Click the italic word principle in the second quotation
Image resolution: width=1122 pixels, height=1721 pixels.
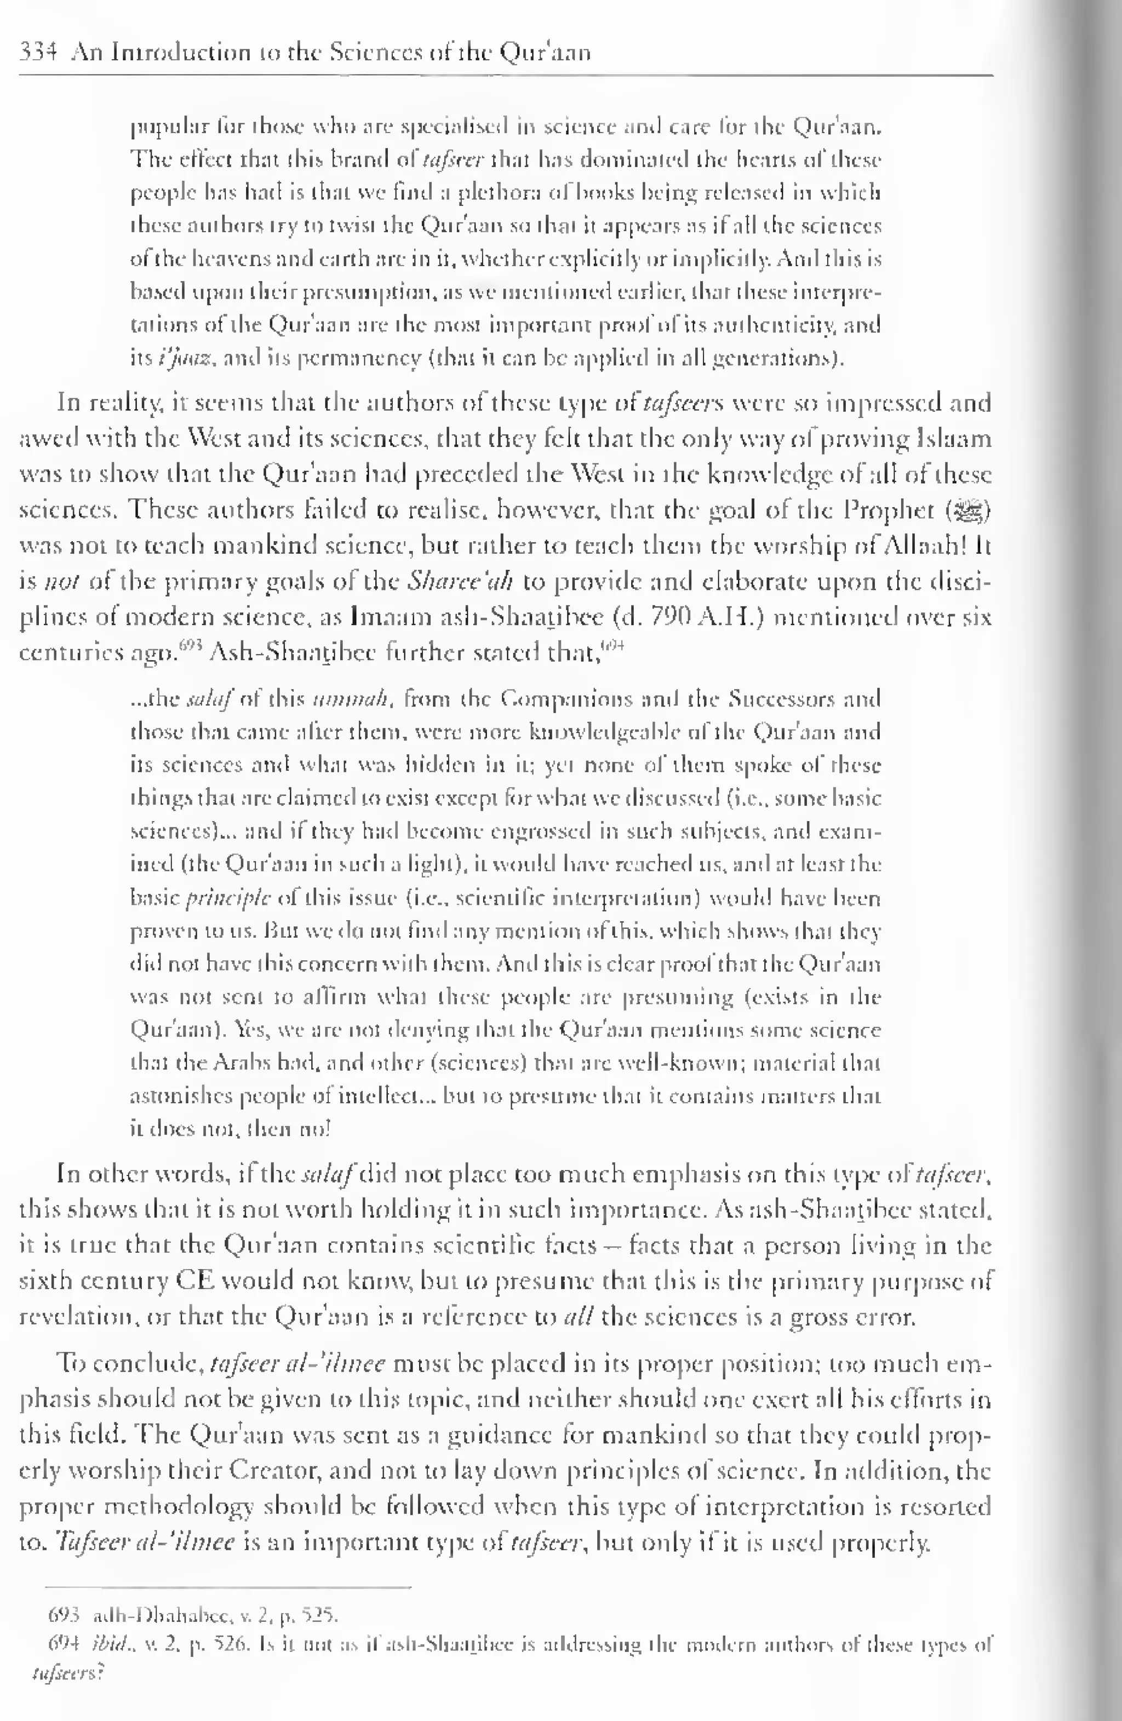tap(228, 899)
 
